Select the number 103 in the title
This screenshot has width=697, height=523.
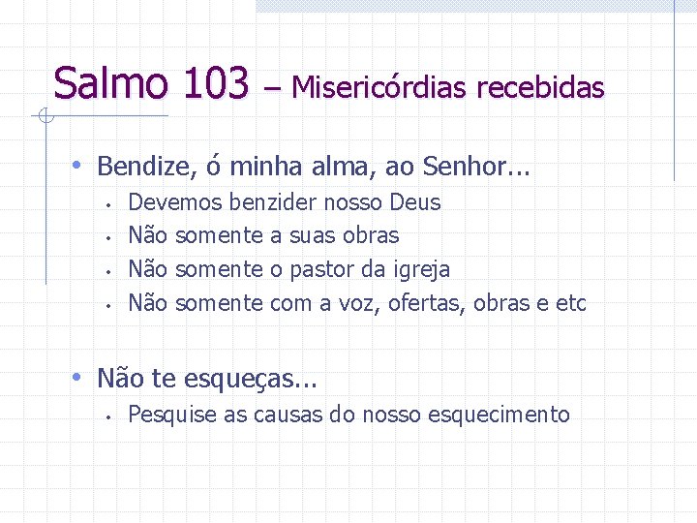(x=214, y=83)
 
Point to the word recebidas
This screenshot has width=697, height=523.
(x=540, y=88)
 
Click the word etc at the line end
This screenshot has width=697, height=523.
(x=571, y=303)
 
